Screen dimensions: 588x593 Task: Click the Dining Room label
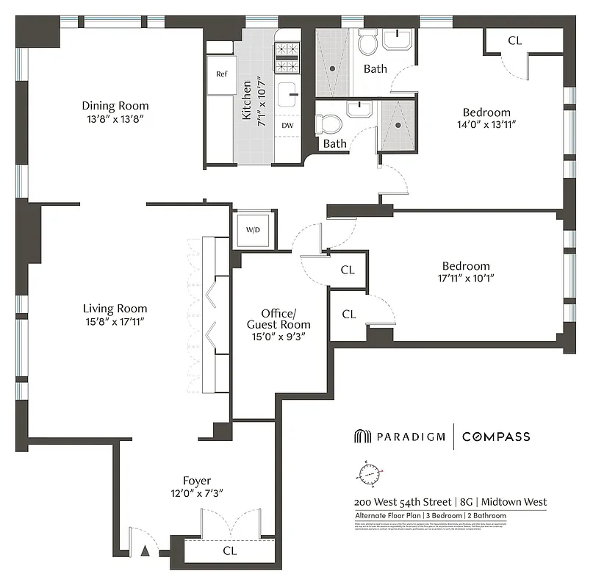[x=115, y=105]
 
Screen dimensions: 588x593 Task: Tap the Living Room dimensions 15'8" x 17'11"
[x=115, y=321]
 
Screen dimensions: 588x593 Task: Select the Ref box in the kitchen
[x=221, y=74]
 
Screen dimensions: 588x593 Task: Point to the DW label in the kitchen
[x=288, y=125]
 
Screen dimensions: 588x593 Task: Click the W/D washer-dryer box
[x=253, y=230]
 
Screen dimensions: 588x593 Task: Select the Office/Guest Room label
[x=278, y=318]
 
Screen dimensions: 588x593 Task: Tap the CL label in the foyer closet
[x=229, y=550]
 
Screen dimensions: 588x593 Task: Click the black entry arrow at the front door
[x=145, y=549]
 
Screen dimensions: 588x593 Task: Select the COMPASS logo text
[x=496, y=437]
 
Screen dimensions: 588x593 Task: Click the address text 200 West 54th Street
[x=402, y=502]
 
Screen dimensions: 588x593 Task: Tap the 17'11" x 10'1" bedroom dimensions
[x=465, y=279]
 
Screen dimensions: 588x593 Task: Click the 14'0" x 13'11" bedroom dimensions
[x=486, y=125]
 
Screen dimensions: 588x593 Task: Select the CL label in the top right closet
[x=514, y=40]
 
